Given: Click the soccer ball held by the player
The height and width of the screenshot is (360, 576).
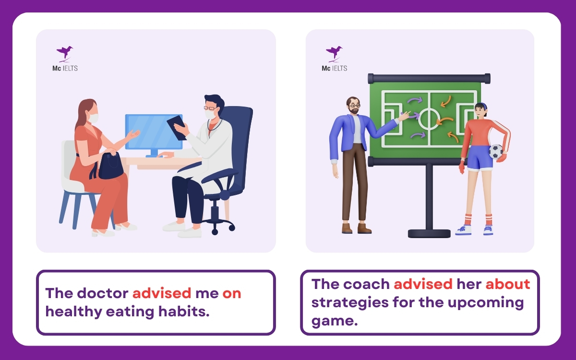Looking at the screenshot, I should coord(496,152).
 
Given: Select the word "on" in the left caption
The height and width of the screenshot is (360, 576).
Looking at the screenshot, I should coord(232,293).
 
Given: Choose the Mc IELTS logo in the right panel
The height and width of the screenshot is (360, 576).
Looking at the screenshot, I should coord(334,59).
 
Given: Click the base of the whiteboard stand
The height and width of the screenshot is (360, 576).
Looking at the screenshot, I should coord(429,233).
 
